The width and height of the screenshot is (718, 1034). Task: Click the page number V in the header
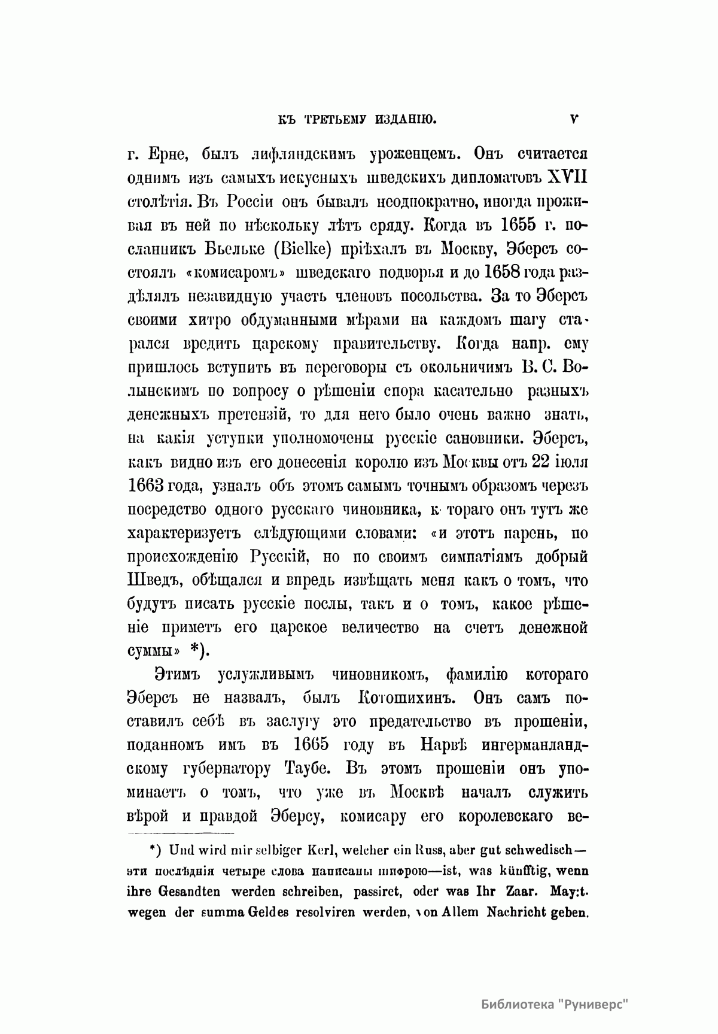point(574,119)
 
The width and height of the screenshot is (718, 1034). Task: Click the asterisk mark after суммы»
point(196,649)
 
